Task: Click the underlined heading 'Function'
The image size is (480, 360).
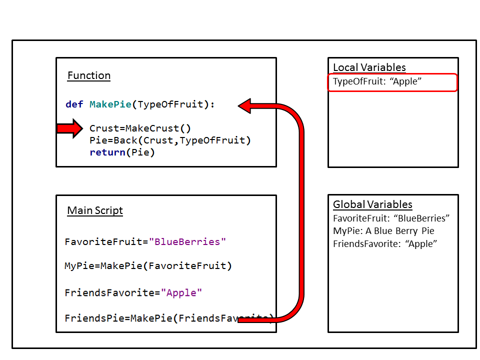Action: click(x=89, y=76)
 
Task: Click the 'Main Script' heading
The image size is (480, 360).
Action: click(x=95, y=210)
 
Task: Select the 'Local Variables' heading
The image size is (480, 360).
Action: click(x=369, y=67)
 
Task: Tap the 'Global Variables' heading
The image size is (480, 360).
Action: click(x=372, y=204)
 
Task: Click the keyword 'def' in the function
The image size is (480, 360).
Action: click(x=74, y=104)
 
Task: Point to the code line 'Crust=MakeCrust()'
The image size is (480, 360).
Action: click(x=140, y=128)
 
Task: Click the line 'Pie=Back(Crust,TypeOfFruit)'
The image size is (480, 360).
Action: click(x=170, y=140)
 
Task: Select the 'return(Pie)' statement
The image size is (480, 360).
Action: click(x=122, y=152)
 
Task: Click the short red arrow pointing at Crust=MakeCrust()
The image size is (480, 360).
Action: click(x=69, y=129)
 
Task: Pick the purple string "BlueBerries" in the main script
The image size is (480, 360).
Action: click(x=187, y=242)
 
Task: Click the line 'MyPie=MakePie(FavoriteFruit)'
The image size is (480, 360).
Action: click(x=148, y=266)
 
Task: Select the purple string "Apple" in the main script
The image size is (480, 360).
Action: click(x=181, y=292)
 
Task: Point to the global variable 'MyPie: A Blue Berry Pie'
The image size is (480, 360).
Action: click(x=383, y=231)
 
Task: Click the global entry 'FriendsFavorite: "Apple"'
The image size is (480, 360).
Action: click(x=385, y=244)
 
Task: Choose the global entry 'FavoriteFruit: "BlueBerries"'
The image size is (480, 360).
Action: click(x=391, y=218)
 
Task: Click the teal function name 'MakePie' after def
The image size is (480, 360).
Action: click(x=110, y=104)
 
